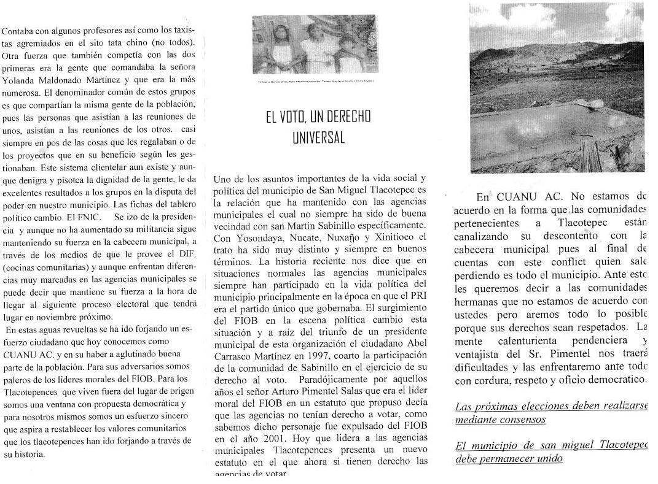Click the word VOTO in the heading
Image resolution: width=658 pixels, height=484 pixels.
(x=294, y=117)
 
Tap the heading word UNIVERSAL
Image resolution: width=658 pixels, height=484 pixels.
(x=318, y=137)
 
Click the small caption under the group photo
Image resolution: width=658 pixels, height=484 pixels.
(x=315, y=81)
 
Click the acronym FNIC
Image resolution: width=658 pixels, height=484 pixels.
(x=92, y=217)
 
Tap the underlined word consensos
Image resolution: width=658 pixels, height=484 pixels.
(x=522, y=420)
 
